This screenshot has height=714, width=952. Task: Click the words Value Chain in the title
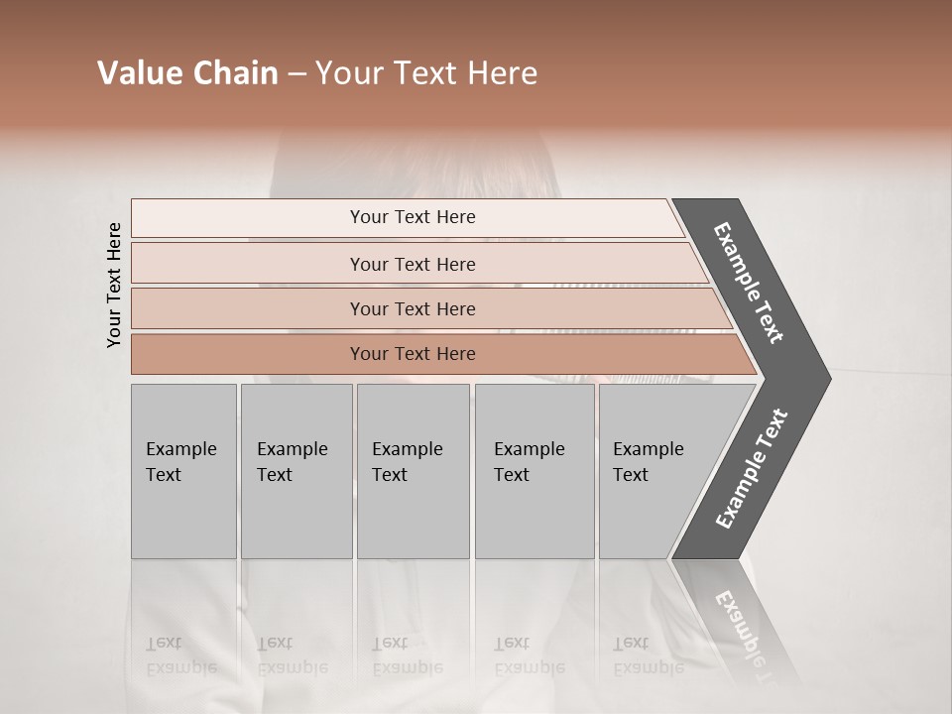pos(187,73)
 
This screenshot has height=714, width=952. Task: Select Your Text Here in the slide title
pos(426,73)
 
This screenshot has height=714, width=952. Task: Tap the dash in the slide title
pos(297,74)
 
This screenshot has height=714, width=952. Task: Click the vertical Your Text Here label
pos(114,285)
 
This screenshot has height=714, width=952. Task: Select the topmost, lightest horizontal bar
pos(412,217)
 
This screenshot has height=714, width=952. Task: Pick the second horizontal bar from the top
pos(412,264)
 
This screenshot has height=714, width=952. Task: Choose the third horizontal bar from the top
pos(412,308)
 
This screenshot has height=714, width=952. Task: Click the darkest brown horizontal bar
pos(412,354)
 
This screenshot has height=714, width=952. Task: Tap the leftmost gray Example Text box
pos(183,471)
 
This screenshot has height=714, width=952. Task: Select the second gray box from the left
pos(296,471)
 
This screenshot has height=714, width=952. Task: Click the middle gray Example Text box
pos(413,471)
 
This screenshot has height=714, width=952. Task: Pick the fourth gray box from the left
pos(534,471)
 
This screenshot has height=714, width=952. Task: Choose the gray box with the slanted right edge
pos(654,471)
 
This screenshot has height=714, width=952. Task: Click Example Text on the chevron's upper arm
pos(749,283)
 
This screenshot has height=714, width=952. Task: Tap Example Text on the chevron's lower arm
pos(751,469)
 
